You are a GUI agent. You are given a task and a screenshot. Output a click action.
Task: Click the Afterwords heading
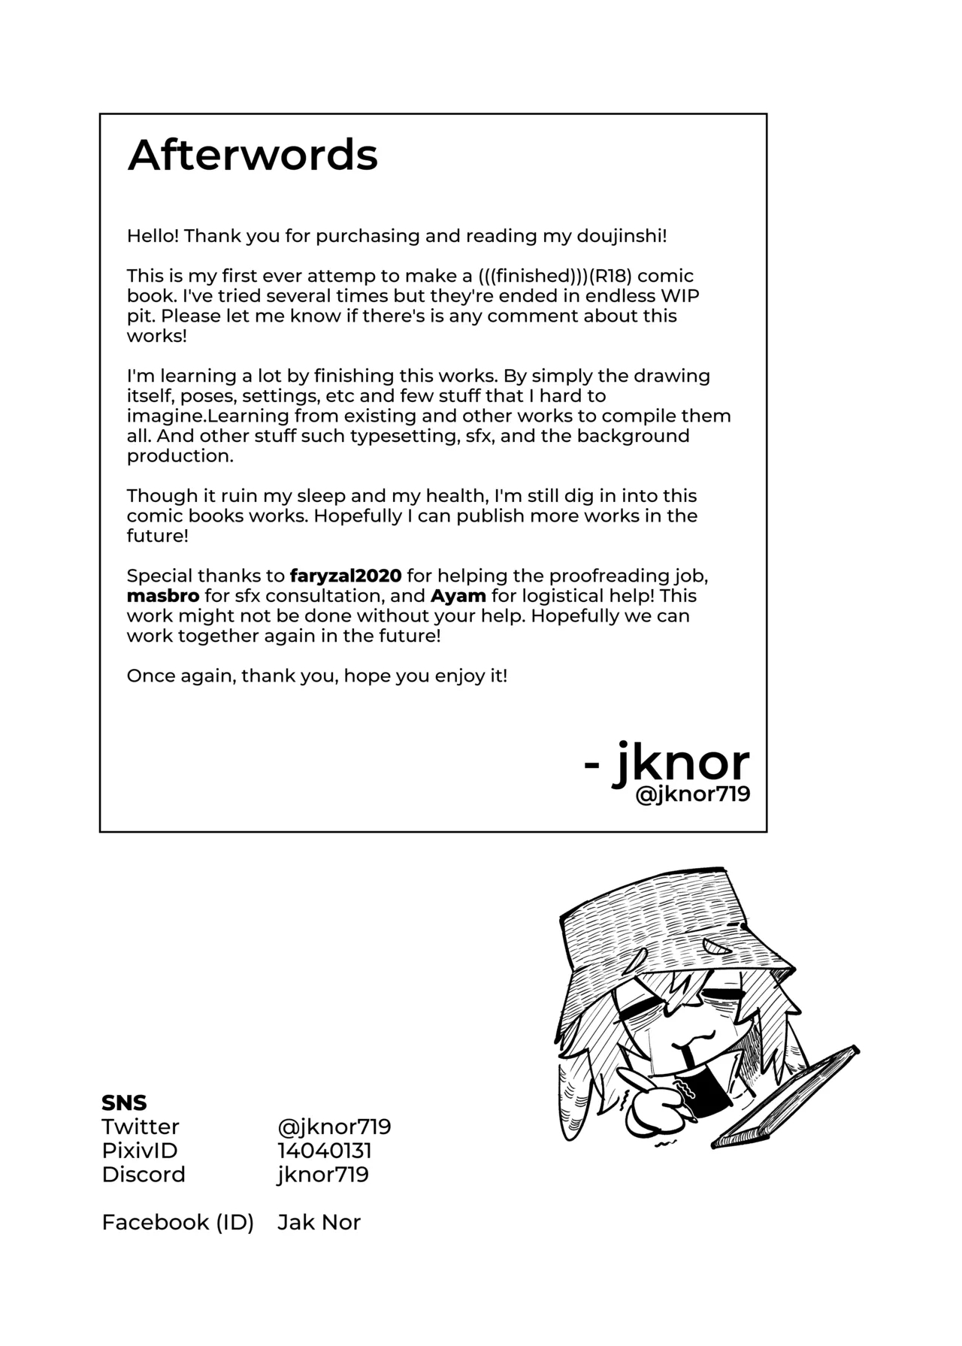tap(253, 156)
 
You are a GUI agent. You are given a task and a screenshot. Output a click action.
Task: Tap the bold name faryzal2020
tap(346, 576)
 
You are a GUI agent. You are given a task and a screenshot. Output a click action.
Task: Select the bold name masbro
tap(163, 596)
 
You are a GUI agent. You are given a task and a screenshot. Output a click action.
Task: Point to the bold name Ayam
tap(458, 596)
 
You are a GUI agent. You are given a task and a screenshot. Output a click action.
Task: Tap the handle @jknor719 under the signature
tap(692, 794)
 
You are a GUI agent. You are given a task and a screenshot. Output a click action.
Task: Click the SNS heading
tap(124, 1103)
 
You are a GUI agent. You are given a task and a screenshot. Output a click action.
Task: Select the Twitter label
tap(141, 1127)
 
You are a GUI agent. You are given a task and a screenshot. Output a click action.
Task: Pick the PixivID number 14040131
tap(325, 1151)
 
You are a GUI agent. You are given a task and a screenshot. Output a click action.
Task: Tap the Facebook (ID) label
tap(177, 1222)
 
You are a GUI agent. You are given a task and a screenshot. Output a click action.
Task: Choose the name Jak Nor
tap(319, 1222)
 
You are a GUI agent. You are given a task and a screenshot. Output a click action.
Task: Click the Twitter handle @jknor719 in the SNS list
tap(334, 1127)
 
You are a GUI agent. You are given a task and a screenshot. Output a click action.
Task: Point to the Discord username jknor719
tap(323, 1175)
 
